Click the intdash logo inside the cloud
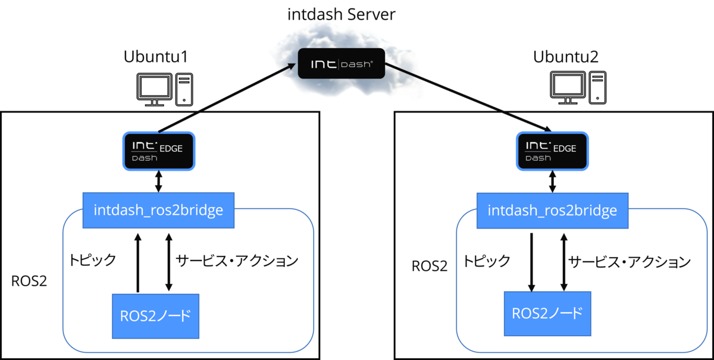point(341,63)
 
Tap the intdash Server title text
point(341,14)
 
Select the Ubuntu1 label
point(156,57)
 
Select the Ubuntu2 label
point(566,57)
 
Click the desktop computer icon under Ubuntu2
point(578,89)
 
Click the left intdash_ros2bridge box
point(158,210)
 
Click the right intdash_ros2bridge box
point(552,210)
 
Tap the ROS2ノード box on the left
point(155,315)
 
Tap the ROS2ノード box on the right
point(547,313)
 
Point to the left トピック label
point(92,260)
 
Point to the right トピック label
point(487,261)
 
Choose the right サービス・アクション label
point(629,261)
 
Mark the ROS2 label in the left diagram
point(29,281)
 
